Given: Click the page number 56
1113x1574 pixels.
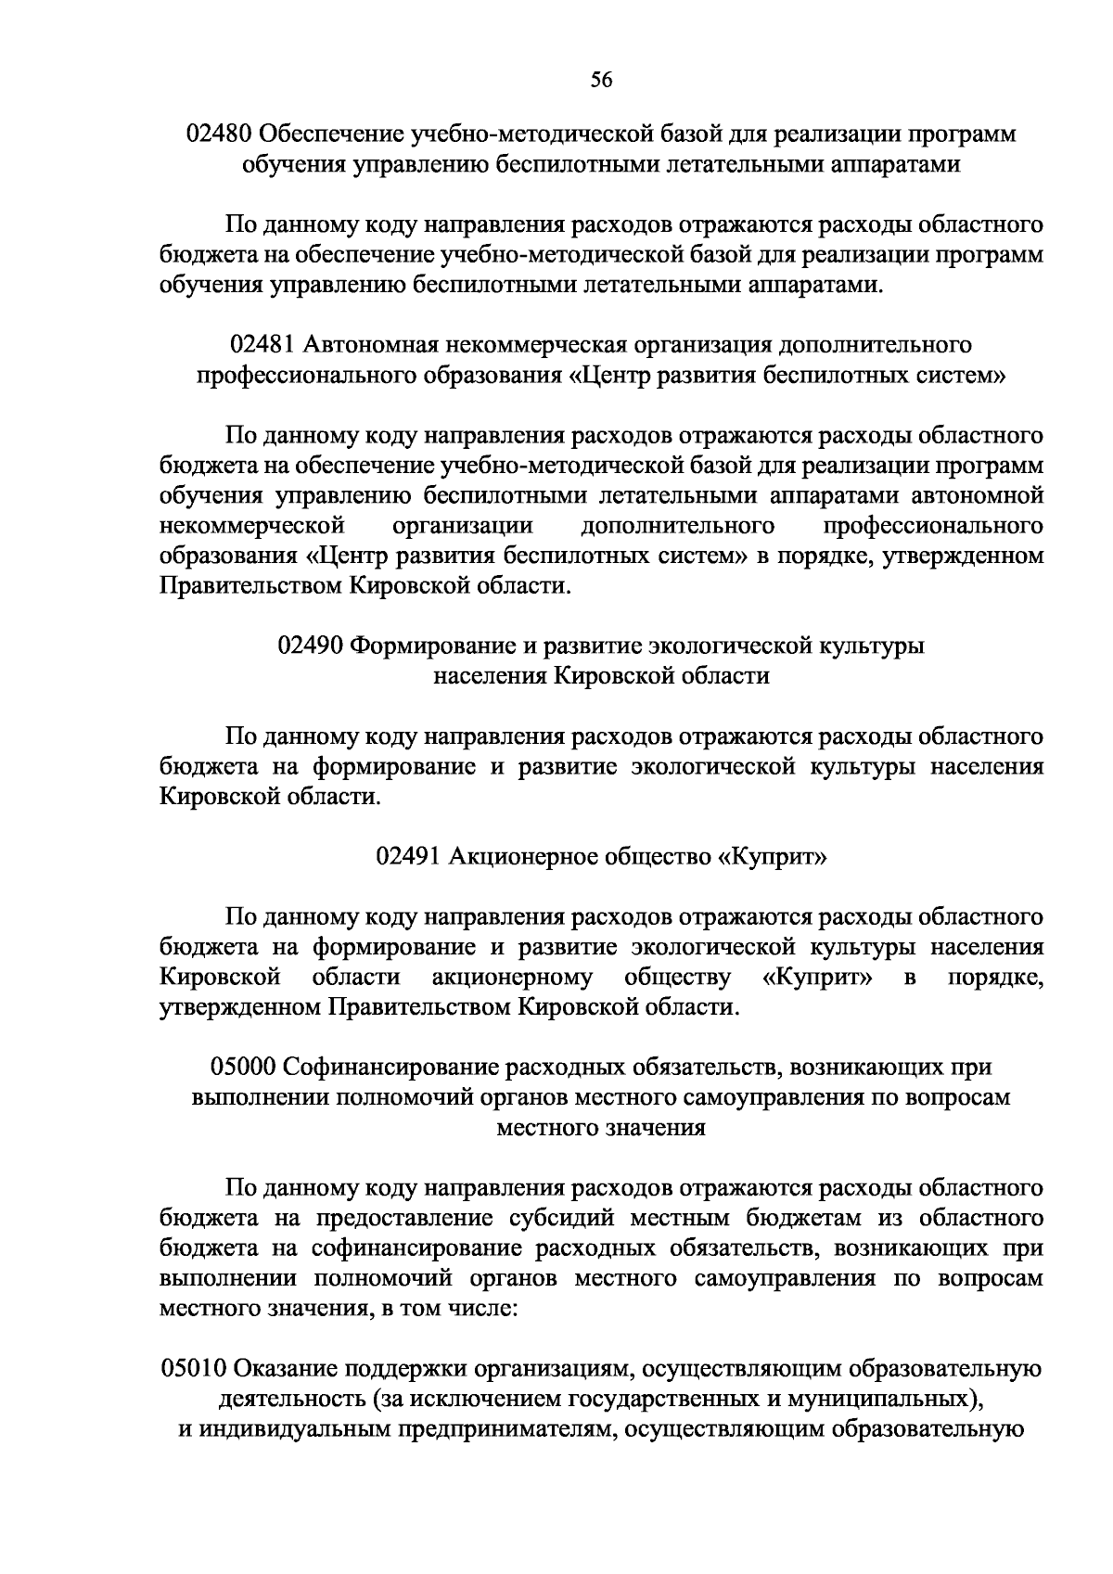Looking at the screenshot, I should (x=601, y=80).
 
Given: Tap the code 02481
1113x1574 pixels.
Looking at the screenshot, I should (x=262, y=346).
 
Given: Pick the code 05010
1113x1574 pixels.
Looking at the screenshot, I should (x=193, y=1369).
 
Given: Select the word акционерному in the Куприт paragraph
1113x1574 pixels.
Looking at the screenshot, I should (x=512, y=978).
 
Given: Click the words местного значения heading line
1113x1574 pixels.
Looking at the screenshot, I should (x=601, y=1128).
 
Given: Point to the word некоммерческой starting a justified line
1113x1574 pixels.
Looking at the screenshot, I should (x=247, y=527).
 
